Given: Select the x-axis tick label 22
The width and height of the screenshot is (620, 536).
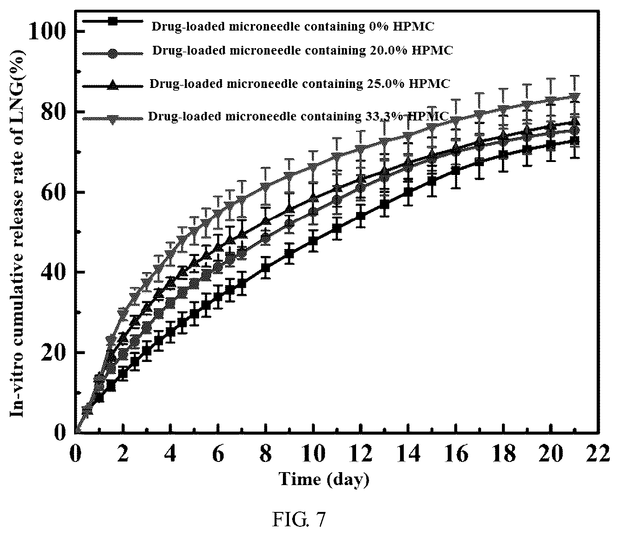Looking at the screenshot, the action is (x=597, y=454).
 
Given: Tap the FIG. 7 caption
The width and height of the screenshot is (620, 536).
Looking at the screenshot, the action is (x=299, y=519).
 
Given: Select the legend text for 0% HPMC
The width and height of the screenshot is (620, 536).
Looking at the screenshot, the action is (x=293, y=26).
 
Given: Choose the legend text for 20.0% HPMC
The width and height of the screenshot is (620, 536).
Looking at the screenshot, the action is (x=302, y=50).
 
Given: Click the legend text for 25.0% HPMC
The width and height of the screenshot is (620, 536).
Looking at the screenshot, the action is (x=300, y=84).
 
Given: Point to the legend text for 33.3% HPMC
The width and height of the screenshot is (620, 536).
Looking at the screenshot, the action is (x=299, y=116).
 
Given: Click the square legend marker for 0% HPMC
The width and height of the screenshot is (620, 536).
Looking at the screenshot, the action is (x=113, y=21).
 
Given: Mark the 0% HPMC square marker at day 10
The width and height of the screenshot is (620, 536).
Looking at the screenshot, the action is (x=313, y=241).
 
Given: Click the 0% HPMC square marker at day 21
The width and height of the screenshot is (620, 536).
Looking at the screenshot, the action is (x=575, y=141).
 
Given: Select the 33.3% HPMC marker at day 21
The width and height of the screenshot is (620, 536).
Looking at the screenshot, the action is (x=575, y=97).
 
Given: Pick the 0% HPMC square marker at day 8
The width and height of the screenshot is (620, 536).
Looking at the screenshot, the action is (x=265, y=268).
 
